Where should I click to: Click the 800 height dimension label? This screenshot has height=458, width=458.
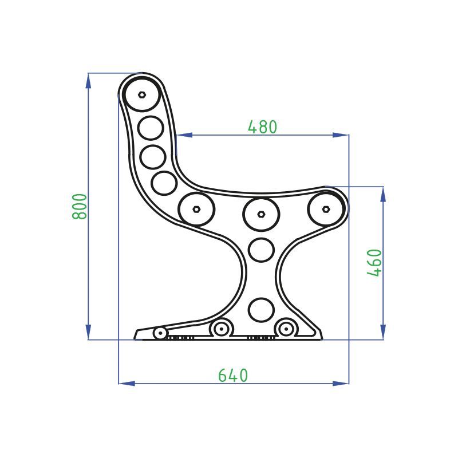point(80,207)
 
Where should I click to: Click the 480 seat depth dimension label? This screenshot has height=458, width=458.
point(262,127)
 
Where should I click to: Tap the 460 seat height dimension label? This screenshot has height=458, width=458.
point(374,263)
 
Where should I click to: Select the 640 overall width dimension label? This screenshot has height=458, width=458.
point(233,376)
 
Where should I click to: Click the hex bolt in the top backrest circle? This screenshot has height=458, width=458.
point(142,94)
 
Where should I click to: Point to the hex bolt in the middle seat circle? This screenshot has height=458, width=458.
point(261,214)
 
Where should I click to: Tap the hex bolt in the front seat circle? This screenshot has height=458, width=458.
point(326,209)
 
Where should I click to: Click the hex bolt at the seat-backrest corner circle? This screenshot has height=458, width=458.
point(196,209)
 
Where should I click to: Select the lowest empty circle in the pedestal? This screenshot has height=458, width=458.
point(261,310)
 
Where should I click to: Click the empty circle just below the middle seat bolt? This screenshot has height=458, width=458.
point(261,250)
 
